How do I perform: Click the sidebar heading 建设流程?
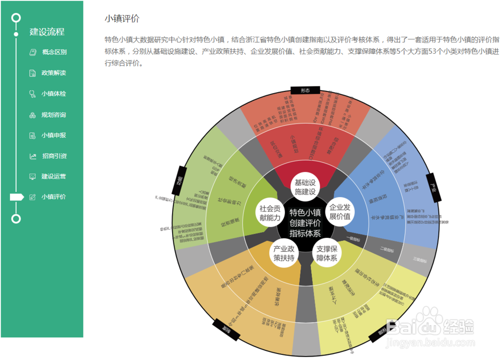click(47, 32)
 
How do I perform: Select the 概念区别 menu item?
click(54, 52)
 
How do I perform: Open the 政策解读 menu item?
click(53, 73)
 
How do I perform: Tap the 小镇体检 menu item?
click(53, 94)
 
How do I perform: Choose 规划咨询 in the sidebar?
click(53, 115)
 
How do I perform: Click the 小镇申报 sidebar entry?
click(53, 136)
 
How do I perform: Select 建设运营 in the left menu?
click(53, 177)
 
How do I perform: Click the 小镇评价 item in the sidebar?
click(53, 197)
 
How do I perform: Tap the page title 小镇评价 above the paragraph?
click(122, 19)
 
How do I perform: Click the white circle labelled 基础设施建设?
click(305, 187)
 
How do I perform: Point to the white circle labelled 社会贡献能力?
click(270, 212)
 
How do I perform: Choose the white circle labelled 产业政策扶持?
click(284, 253)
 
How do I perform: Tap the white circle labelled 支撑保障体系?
click(326, 253)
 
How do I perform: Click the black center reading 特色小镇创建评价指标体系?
click(305, 222)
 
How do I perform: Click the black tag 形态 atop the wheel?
click(305, 91)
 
